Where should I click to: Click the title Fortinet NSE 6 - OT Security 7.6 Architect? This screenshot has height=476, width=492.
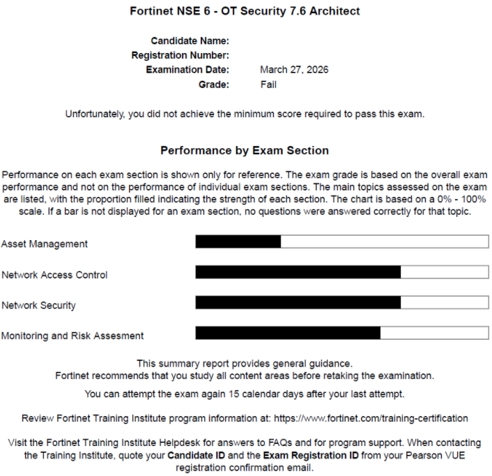pos(245,11)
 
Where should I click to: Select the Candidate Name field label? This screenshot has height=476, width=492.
pos(190,41)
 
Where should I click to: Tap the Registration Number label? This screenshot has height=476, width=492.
pos(180,55)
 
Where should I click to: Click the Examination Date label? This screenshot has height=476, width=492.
pos(187,70)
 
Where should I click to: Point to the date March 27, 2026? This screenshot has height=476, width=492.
pos(294,70)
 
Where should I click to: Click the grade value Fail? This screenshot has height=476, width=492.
pos(268,84)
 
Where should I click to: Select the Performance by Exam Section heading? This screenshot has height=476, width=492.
pos(245,150)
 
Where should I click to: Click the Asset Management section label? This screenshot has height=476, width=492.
pos(45,244)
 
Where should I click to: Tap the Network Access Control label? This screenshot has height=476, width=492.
pos(54,275)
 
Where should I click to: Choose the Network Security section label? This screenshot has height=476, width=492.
pos(38,305)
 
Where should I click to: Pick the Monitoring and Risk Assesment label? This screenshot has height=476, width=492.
pos(72,336)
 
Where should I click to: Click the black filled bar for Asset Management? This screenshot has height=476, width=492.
pos(238,241)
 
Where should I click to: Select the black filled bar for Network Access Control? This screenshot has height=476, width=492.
pos(298,272)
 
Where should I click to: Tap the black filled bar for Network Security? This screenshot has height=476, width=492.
pos(298,302)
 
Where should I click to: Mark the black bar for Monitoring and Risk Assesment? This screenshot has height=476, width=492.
pos(288,333)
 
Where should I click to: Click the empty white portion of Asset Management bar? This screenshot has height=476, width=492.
pos(384,241)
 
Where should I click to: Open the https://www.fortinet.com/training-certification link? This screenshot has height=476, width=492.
pos(371,418)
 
